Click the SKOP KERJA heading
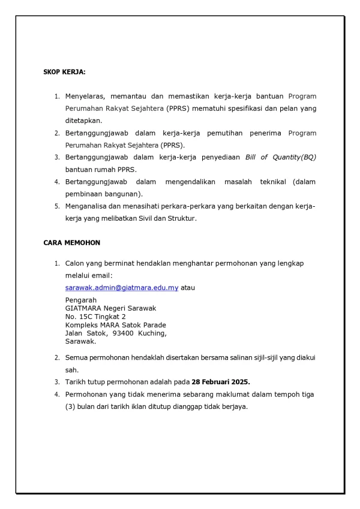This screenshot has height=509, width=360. (x=64, y=72)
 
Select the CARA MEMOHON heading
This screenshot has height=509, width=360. (x=71, y=243)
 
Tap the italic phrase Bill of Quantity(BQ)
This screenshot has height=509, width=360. (x=280, y=157)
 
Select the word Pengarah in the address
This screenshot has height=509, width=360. (x=80, y=300)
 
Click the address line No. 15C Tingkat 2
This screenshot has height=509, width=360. (x=95, y=317)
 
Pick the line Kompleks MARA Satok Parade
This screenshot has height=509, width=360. (x=115, y=325)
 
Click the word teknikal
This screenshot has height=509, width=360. (x=268, y=182)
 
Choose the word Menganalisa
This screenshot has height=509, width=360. (x=89, y=206)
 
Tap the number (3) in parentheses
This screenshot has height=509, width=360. (x=70, y=406)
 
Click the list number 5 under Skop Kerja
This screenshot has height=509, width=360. (x=57, y=206)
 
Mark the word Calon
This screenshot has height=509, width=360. (x=74, y=263)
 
